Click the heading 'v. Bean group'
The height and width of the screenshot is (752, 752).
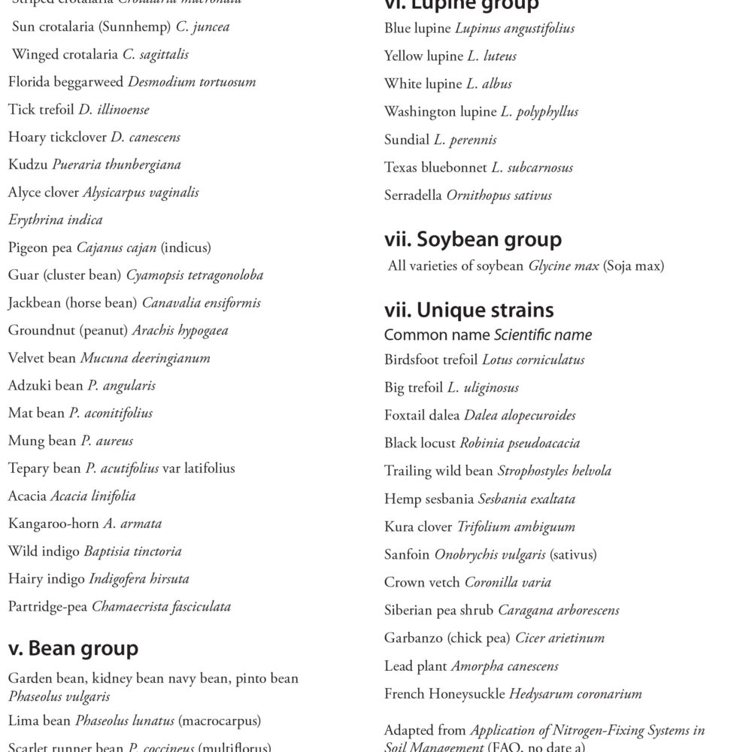tap(73, 648)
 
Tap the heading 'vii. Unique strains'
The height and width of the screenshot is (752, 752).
tap(468, 310)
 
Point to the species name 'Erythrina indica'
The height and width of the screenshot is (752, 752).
tap(55, 220)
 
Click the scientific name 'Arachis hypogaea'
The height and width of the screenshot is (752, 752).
tap(180, 330)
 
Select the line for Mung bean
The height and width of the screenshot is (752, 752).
tap(71, 441)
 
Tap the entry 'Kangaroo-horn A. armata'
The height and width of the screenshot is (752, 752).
tap(85, 523)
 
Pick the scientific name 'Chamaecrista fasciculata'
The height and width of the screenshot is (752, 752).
tap(161, 606)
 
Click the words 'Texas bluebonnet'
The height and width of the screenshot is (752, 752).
tap(435, 167)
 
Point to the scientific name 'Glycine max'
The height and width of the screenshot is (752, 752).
tap(563, 265)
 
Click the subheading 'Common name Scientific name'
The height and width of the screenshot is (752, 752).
tap(487, 335)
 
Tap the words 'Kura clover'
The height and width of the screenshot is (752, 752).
tap(418, 526)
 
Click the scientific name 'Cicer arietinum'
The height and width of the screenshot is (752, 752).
tap(559, 638)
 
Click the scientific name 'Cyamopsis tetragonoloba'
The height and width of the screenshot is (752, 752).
tap(194, 275)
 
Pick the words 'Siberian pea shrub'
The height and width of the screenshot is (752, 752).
tap(438, 610)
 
